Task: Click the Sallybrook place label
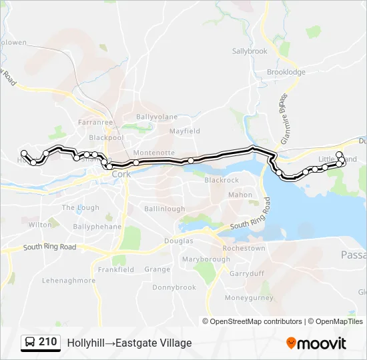pos(249,51)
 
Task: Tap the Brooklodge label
pos(286,72)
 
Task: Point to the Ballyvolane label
pos(157,117)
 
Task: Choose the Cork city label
pos(121,174)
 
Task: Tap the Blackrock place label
pos(222,180)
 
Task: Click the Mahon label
pos(240,195)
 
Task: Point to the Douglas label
pos(178,241)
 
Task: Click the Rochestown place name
pos(244,248)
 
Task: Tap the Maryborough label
pos(206,259)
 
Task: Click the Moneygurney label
pos(249,297)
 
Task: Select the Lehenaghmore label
pos(69,281)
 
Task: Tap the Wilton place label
pos(40,225)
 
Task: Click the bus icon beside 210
pos(30,343)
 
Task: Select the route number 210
pos(47,342)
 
